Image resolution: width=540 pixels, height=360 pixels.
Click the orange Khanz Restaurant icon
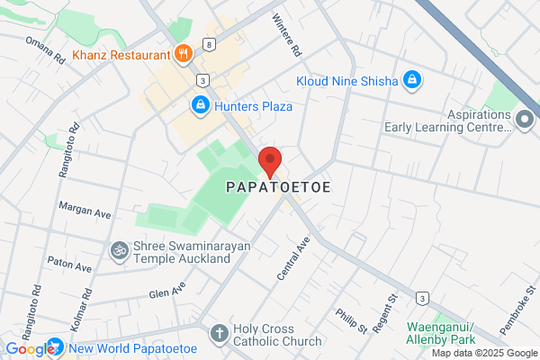click(x=184, y=53)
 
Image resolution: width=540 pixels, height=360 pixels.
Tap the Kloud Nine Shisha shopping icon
click(x=411, y=81)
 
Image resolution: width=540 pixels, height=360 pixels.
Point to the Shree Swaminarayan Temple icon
click(x=119, y=250)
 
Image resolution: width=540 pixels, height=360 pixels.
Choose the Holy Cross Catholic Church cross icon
click(x=219, y=333)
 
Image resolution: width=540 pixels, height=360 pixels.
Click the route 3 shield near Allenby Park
click(x=421, y=298)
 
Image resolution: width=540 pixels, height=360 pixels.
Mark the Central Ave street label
click(x=293, y=257)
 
